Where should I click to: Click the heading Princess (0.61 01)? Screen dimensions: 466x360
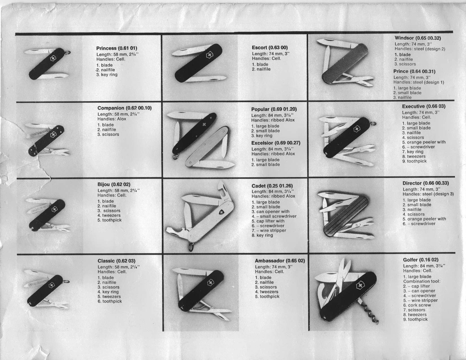(117, 48)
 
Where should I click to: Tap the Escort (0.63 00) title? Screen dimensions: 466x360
(270, 48)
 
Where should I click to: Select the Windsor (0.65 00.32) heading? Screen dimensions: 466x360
(418, 38)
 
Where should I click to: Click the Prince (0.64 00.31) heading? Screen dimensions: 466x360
(414, 71)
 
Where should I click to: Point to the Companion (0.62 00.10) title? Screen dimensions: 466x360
(125, 108)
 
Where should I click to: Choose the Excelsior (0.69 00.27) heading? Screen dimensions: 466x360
(276, 143)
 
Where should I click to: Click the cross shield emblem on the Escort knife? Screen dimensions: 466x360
(209, 56)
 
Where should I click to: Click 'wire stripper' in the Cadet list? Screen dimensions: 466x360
(273, 230)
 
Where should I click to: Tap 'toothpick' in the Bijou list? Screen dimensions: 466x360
(112, 220)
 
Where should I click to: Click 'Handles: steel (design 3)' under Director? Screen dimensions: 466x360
(428, 194)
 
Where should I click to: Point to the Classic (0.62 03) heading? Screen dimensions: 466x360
(116, 261)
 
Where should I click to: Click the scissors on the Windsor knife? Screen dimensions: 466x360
(354, 80)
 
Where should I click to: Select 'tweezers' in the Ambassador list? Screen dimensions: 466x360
(269, 292)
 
